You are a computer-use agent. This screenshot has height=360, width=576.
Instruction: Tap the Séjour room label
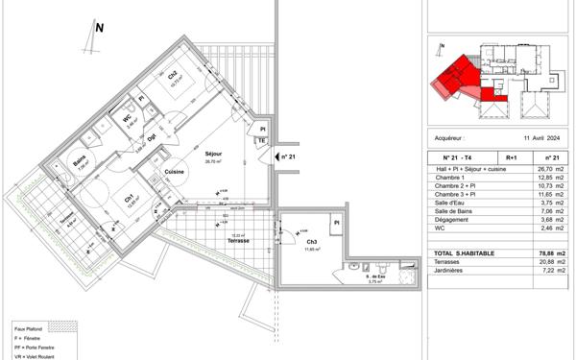pyautogui.click(x=213, y=154)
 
